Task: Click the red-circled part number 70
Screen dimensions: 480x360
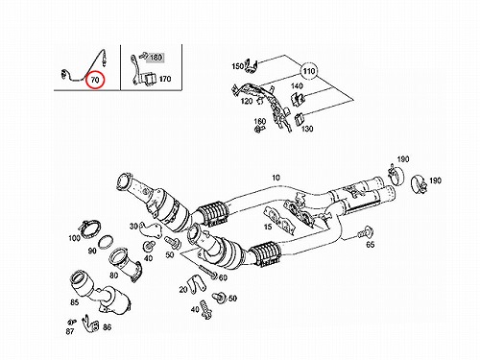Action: coord(95,80)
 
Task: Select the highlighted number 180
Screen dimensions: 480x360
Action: coord(156,58)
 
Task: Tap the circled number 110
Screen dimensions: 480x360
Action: coord(309,71)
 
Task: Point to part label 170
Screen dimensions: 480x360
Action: coord(165,79)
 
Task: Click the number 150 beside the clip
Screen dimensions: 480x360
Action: coord(238,66)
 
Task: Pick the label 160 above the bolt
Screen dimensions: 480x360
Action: coord(260,121)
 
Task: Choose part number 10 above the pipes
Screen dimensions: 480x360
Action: coord(276,178)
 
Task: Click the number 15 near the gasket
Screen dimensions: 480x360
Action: coord(268,227)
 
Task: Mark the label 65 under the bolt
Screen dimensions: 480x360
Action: coord(371,245)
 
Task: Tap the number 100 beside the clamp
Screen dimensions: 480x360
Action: coord(74,238)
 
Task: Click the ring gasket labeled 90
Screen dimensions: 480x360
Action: coord(105,242)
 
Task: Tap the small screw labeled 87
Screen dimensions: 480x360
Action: coord(72,322)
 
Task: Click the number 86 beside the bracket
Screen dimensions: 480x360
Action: coord(107,327)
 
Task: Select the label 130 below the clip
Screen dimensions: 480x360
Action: coord(307,129)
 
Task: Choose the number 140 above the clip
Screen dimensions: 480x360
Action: coord(297,85)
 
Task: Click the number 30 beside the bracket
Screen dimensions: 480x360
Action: coord(133,227)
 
